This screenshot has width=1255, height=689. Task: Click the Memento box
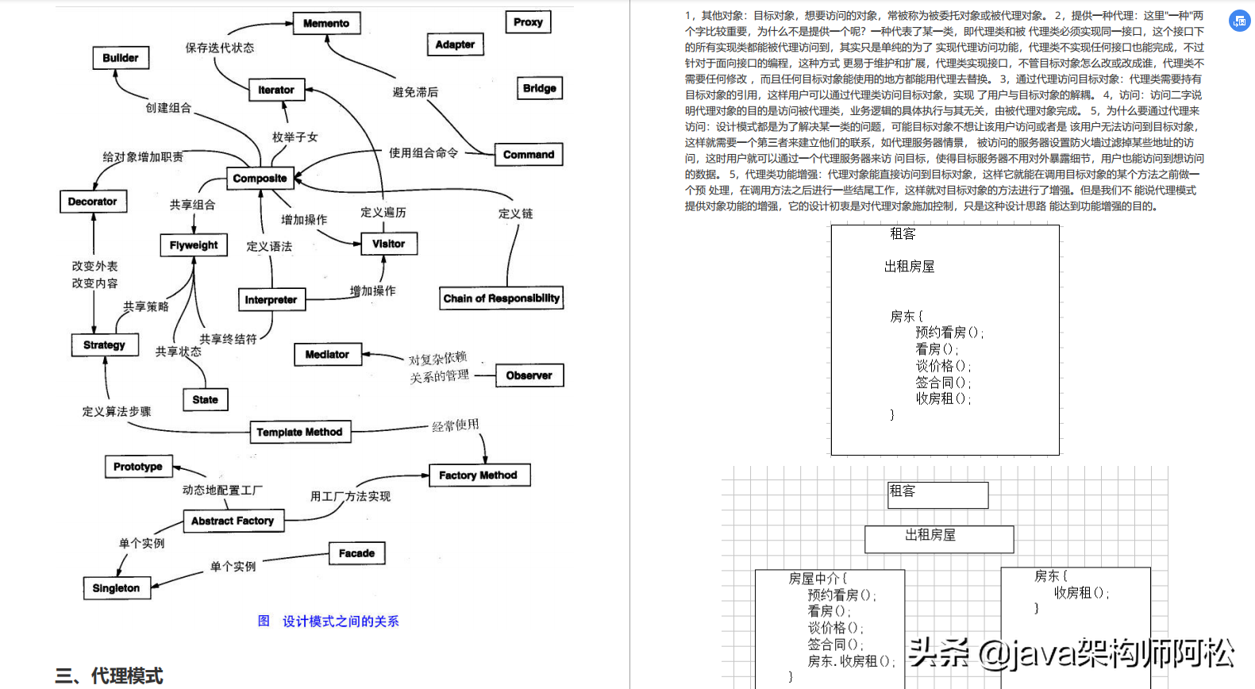click(326, 24)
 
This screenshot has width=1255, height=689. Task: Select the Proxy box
click(528, 22)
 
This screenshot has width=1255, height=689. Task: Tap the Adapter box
click(455, 44)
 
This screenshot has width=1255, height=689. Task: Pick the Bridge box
click(540, 88)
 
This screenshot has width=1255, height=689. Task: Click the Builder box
click(120, 58)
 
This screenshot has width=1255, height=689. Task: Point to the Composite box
click(260, 179)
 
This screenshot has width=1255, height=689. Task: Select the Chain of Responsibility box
click(501, 298)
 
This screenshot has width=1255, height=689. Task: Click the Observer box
click(529, 375)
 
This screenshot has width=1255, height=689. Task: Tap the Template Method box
click(299, 432)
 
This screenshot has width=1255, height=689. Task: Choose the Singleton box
click(116, 588)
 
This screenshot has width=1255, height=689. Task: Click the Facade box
click(356, 553)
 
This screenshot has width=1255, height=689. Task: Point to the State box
click(205, 399)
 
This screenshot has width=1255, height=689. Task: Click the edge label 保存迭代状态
click(220, 48)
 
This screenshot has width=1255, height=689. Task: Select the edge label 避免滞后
click(415, 92)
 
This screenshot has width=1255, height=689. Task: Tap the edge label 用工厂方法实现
click(350, 496)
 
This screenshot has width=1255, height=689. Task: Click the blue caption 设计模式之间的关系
click(341, 622)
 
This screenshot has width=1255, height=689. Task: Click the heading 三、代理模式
click(109, 676)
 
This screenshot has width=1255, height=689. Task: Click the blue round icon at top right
click(1240, 21)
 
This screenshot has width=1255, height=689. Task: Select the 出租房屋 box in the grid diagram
click(938, 538)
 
